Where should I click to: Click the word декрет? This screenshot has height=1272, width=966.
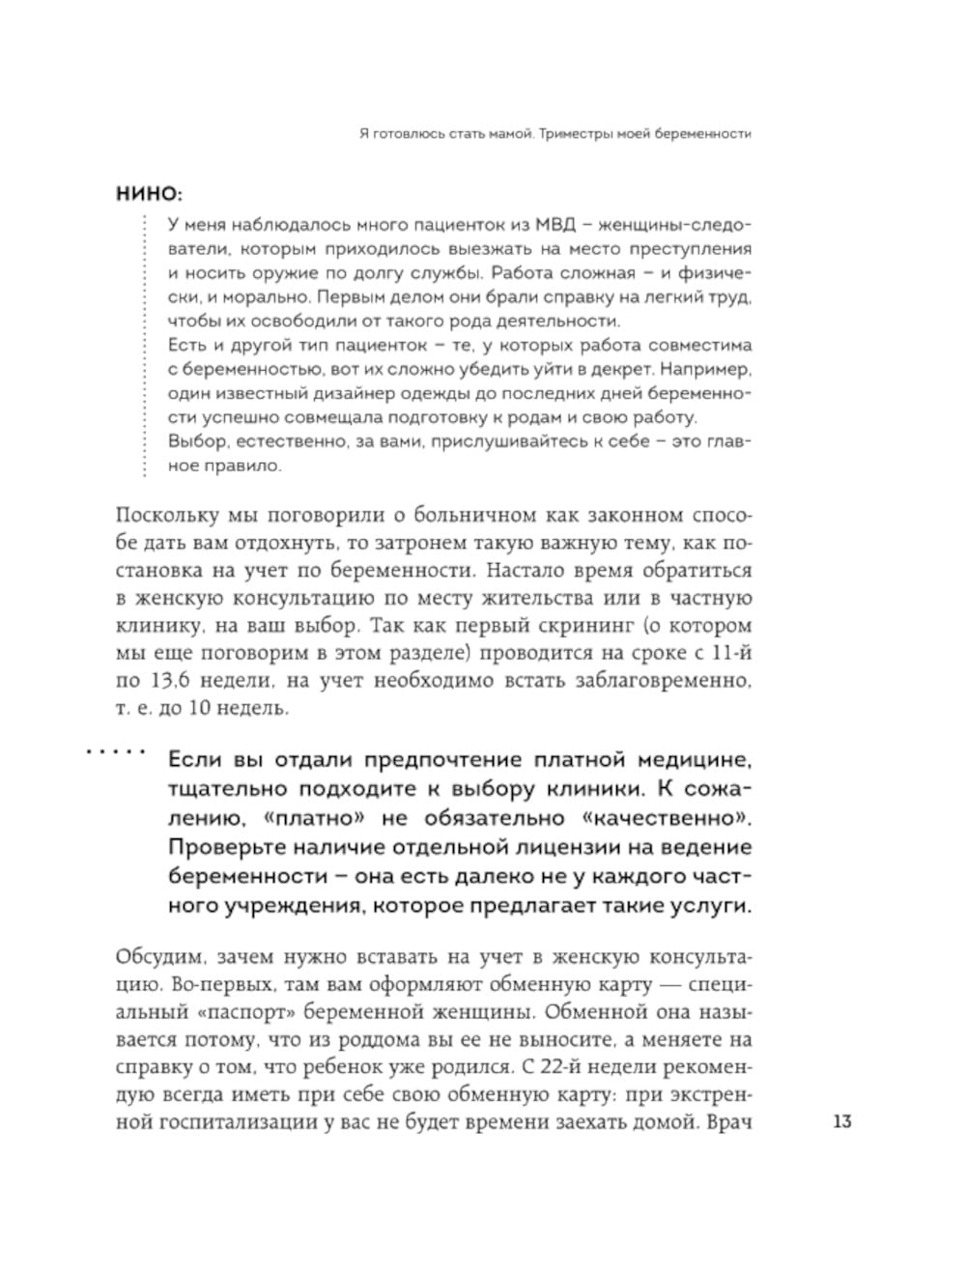click(x=616, y=370)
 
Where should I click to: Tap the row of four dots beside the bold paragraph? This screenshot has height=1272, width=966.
click(x=115, y=749)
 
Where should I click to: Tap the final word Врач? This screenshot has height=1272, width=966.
click(x=729, y=1123)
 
